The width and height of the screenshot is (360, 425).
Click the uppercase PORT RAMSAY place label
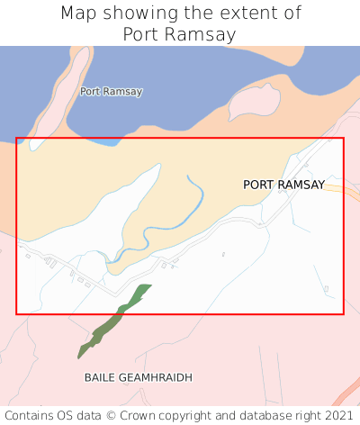click(x=283, y=185)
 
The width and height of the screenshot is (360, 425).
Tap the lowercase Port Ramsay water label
click(x=111, y=91)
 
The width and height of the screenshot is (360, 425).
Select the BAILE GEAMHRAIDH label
click(x=139, y=377)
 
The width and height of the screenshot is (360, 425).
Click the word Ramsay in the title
click(x=202, y=35)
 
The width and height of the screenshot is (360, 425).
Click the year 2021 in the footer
click(x=338, y=415)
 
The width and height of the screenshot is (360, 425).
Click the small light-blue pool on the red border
click(x=106, y=141)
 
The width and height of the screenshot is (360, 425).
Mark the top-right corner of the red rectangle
click(x=343, y=138)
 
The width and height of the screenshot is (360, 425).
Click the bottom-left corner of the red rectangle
click(x=16, y=313)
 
